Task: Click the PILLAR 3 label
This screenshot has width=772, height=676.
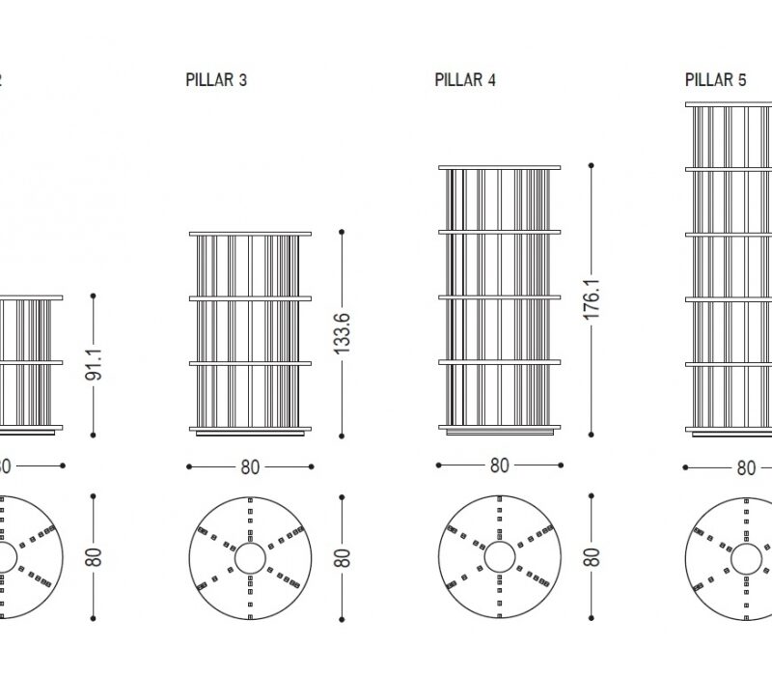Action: pyautogui.click(x=216, y=80)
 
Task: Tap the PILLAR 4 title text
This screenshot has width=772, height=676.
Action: pyautogui.click(x=465, y=80)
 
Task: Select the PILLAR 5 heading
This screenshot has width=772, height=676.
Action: pyautogui.click(x=715, y=80)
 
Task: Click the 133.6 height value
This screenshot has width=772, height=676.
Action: pyautogui.click(x=342, y=333)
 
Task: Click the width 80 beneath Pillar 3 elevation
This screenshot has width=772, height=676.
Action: pyautogui.click(x=250, y=466)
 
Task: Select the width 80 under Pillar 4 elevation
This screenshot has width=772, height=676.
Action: pyautogui.click(x=499, y=465)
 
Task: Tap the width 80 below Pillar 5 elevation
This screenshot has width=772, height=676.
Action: pyautogui.click(x=746, y=467)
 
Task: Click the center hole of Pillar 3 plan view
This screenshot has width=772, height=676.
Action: pyautogui.click(x=250, y=557)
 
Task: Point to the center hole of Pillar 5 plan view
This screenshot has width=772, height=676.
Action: pyautogui.click(x=746, y=557)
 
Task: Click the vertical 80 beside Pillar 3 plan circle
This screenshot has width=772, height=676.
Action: pyautogui.click(x=343, y=557)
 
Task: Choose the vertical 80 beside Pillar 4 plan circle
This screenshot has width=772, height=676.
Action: pyautogui.click(x=593, y=557)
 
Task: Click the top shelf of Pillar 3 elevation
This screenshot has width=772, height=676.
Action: pyautogui.click(x=250, y=233)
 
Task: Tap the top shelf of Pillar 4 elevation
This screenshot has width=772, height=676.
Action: pyautogui.click(x=499, y=167)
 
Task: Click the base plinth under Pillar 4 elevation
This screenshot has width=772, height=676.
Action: pyautogui.click(x=499, y=430)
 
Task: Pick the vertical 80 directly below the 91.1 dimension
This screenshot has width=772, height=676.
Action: pyautogui.click(x=94, y=557)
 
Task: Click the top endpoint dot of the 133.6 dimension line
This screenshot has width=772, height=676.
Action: pyautogui.click(x=342, y=231)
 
